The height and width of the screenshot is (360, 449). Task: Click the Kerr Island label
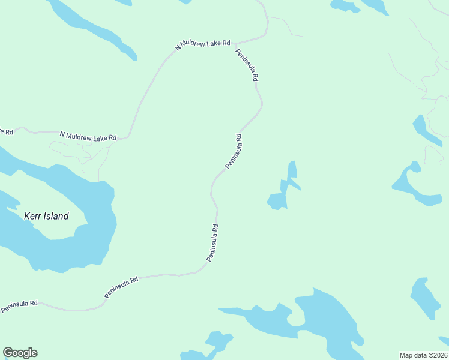click(x=46, y=216)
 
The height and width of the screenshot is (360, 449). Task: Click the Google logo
click(x=20, y=353)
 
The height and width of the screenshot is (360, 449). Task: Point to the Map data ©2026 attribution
click(x=423, y=355)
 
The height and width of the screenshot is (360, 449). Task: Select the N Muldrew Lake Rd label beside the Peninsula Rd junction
click(x=203, y=44)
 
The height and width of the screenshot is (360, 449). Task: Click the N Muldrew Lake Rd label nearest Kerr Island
click(x=88, y=136)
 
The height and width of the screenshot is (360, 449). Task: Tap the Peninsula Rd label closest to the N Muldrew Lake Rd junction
click(x=247, y=65)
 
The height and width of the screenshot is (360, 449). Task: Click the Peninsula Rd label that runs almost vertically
click(x=212, y=242)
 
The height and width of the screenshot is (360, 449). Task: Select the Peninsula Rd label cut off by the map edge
click(x=19, y=307)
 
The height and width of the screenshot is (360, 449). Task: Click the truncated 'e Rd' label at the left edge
click(x=6, y=131)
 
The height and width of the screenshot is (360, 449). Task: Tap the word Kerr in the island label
click(x=32, y=216)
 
